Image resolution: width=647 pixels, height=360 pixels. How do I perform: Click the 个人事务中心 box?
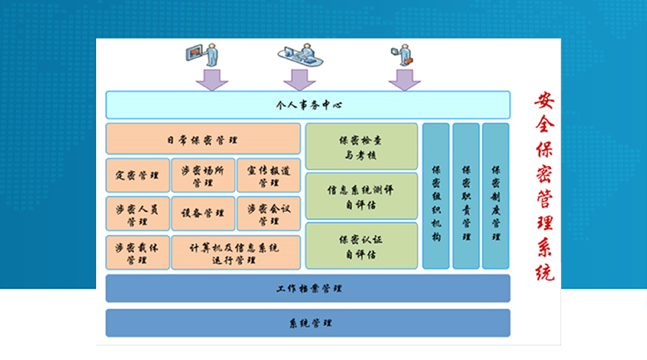(x=308, y=105)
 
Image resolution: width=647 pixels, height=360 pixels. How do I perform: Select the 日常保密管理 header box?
(x=203, y=139)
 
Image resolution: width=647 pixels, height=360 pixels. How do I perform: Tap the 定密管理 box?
(x=138, y=175)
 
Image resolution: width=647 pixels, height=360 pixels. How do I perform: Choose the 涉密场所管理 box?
(x=203, y=175)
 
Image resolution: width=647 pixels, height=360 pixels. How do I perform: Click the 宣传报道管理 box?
(x=268, y=175)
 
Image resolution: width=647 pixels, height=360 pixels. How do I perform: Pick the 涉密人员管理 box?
(x=138, y=214)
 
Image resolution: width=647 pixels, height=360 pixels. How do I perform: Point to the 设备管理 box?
(x=203, y=214)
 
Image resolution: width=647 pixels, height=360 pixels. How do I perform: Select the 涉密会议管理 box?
(x=268, y=214)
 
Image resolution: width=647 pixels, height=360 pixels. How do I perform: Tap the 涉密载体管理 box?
(x=138, y=253)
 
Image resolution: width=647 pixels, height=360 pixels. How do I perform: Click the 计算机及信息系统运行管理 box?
(x=236, y=253)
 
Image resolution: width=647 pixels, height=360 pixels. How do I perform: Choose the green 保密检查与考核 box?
(x=361, y=146)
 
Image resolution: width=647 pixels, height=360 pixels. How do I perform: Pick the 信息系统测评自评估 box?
(x=361, y=196)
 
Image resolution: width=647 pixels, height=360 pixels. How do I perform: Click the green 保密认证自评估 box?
(x=361, y=246)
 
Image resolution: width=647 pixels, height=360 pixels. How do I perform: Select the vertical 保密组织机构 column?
(x=436, y=196)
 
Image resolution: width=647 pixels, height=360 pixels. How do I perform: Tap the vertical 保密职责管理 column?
(x=466, y=196)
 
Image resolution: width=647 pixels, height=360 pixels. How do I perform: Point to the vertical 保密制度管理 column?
(x=495, y=196)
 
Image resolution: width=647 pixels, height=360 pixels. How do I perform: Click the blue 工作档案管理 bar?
(x=308, y=288)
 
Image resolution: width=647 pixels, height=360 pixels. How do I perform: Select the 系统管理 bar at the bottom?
(x=308, y=323)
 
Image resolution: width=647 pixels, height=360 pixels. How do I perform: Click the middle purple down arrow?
(x=299, y=79)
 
